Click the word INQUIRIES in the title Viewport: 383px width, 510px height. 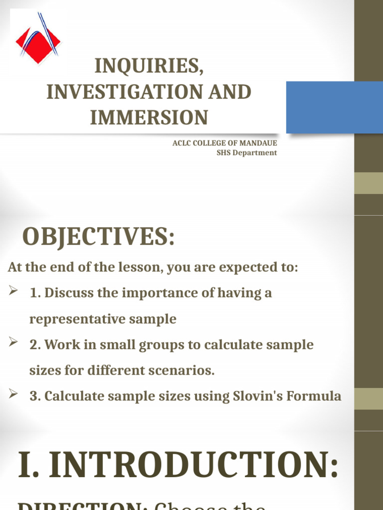(x=149, y=66)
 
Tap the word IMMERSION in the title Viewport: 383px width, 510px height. (x=149, y=118)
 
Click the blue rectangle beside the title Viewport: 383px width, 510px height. (x=334, y=107)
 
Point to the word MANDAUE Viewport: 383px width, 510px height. (x=260, y=143)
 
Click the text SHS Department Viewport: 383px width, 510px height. (x=246, y=153)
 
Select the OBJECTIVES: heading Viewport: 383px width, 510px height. (x=99, y=236)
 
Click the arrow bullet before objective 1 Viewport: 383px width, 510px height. (x=13, y=292)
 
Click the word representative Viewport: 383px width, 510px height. (x=77, y=319)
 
